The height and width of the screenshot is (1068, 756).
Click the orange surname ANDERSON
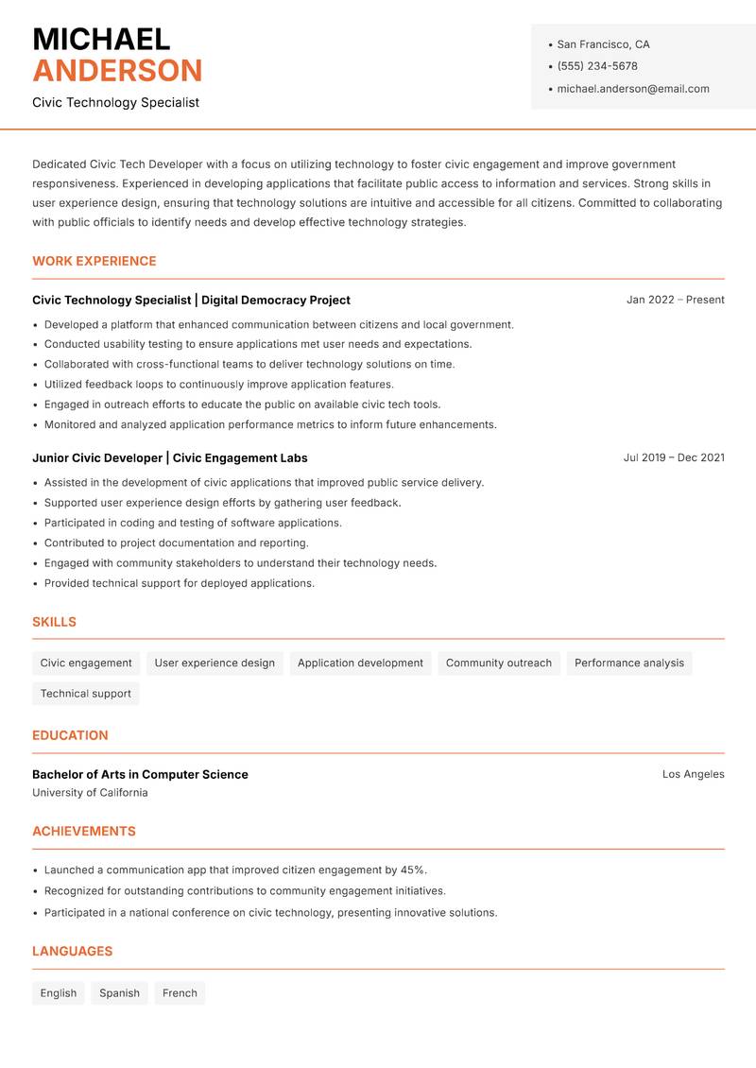[117, 71]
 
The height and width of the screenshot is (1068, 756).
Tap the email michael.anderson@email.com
[633, 89]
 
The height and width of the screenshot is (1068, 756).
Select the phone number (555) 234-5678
[597, 66]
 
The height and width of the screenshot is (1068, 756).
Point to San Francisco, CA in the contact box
[603, 44]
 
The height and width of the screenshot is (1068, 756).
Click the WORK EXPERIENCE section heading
[94, 261]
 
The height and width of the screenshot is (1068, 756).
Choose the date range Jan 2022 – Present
[675, 300]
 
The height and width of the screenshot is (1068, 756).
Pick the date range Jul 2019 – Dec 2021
[674, 457]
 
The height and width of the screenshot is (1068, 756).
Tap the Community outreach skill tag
[498, 663]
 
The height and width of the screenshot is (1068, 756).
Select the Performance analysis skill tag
[629, 663]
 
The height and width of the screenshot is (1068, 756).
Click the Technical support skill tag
[86, 694]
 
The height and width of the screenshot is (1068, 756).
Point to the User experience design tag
[215, 663]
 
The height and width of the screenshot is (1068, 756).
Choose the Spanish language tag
[119, 993]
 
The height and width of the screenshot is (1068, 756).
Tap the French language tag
[180, 993]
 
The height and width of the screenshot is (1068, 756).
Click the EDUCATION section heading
[70, 735]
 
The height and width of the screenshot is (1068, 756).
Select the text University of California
[90, 793]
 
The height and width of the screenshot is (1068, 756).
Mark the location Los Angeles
[693, 774]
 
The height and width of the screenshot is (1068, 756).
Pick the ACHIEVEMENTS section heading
[84, 832]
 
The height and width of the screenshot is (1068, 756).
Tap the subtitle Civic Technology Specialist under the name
[115, 102]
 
